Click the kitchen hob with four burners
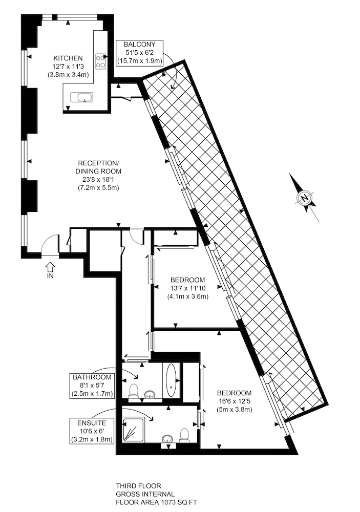pos(100,61)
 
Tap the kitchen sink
pos(81,97)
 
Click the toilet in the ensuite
pos(184,436)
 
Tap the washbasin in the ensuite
pos(168,439)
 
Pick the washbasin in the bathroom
pos(150,394)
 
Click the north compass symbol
pos(305,197)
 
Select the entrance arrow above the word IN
pos(50,267)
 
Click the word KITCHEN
pos(68,58)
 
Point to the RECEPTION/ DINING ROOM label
pos(98,167)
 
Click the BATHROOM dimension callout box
pos(92,386)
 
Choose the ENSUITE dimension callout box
pos(92,431)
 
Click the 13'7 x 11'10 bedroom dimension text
pos(188,288)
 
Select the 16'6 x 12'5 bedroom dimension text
pos(235,401)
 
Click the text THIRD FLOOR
pos(138,486)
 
